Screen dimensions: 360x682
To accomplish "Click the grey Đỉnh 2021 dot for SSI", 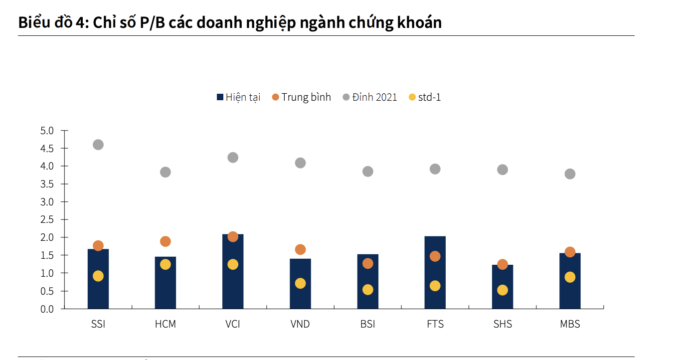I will click(98, 145).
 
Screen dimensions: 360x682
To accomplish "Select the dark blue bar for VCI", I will click(233, 279).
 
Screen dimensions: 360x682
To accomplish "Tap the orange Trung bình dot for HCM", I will click(166, 241).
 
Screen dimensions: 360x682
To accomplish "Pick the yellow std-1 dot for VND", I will click(300, 283).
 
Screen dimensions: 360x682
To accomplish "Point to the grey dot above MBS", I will click(570, 174).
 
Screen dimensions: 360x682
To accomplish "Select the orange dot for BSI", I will click(367, 263).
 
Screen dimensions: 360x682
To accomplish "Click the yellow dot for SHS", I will click(503, 290).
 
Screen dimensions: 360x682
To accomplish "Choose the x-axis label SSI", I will click(98, 324).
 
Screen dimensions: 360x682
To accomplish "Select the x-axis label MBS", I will click(570, 324).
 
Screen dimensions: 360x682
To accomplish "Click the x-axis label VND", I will click(300, 324).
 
